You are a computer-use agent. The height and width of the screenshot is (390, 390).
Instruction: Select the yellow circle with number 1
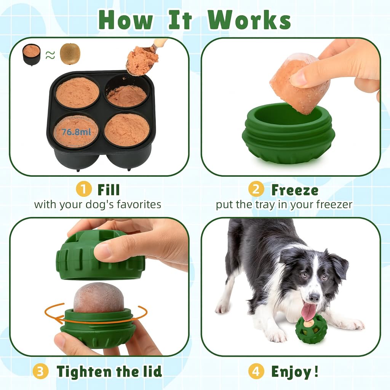83,190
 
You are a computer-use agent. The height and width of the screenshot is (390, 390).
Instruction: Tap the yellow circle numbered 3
40,371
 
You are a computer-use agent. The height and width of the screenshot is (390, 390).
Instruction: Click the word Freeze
294,190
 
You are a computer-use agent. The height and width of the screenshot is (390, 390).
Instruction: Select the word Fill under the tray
109,190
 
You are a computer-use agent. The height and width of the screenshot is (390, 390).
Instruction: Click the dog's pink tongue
308,311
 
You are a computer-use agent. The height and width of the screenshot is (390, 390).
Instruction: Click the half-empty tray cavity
127,94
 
